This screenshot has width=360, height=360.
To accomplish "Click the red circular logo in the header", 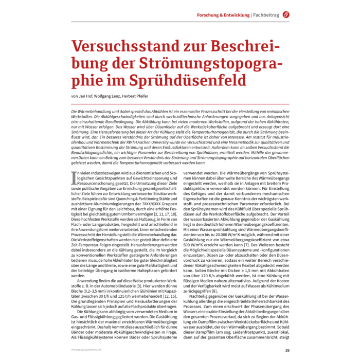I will pos(286,15).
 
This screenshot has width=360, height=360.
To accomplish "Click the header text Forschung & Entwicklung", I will pos(223,15).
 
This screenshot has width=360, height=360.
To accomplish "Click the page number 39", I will pos(287,350).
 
